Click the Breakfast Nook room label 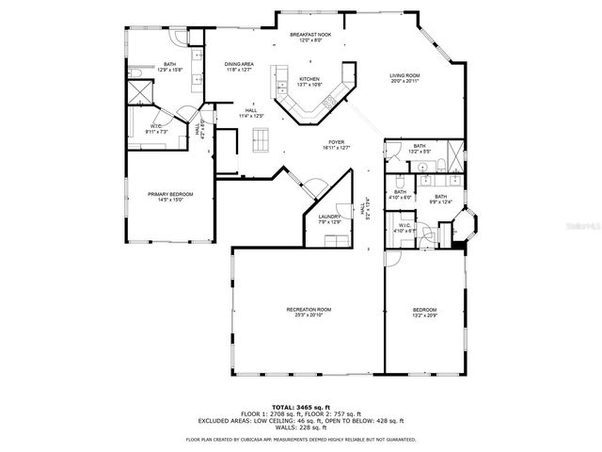[x=309, y=37]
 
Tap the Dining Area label [x=239, y=66]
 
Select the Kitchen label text [x=309, y=82]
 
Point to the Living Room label [x=404, y=77]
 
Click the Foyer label [x=336, y=144]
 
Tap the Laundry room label [x=328, y=218]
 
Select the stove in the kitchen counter [x=328, y=102]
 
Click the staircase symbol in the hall [x=260, y=139]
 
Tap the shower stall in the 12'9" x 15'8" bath [x=142, y=92]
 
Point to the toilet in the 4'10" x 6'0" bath [x=400, y=181]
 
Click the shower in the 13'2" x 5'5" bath [x=452, y=153]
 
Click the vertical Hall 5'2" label [x=367, y=213]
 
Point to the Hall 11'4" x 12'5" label [x=251, y=113]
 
